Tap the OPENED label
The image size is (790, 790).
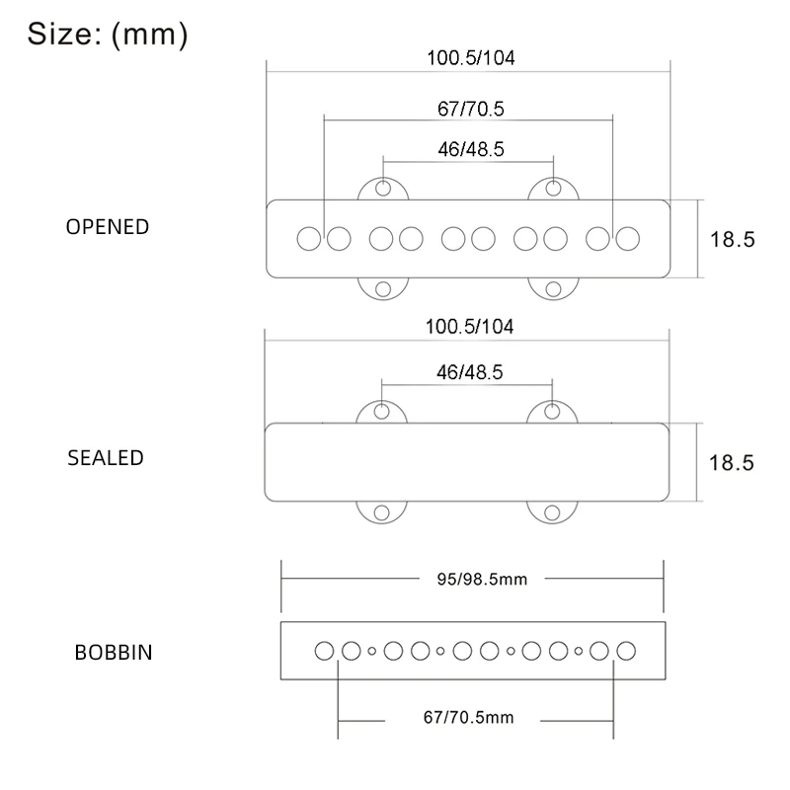click(108, 226)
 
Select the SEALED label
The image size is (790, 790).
click(106, 458)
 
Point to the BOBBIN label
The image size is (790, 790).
click(114, 654)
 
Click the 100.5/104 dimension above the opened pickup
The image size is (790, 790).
click(470, 57)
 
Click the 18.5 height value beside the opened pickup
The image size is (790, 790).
click(732, 239)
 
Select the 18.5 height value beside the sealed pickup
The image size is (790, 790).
click(732, 462)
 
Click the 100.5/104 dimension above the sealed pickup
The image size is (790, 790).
click(470, 326)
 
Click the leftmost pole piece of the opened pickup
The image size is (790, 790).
click(309, 238)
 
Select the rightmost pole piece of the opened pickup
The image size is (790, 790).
click(628, 238)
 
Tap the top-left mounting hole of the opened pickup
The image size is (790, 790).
click(384, 187)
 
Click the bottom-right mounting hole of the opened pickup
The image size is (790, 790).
click(554, 288)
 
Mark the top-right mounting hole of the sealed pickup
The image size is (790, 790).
click(554, 410)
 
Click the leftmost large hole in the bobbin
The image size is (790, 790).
click(324, 651)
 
